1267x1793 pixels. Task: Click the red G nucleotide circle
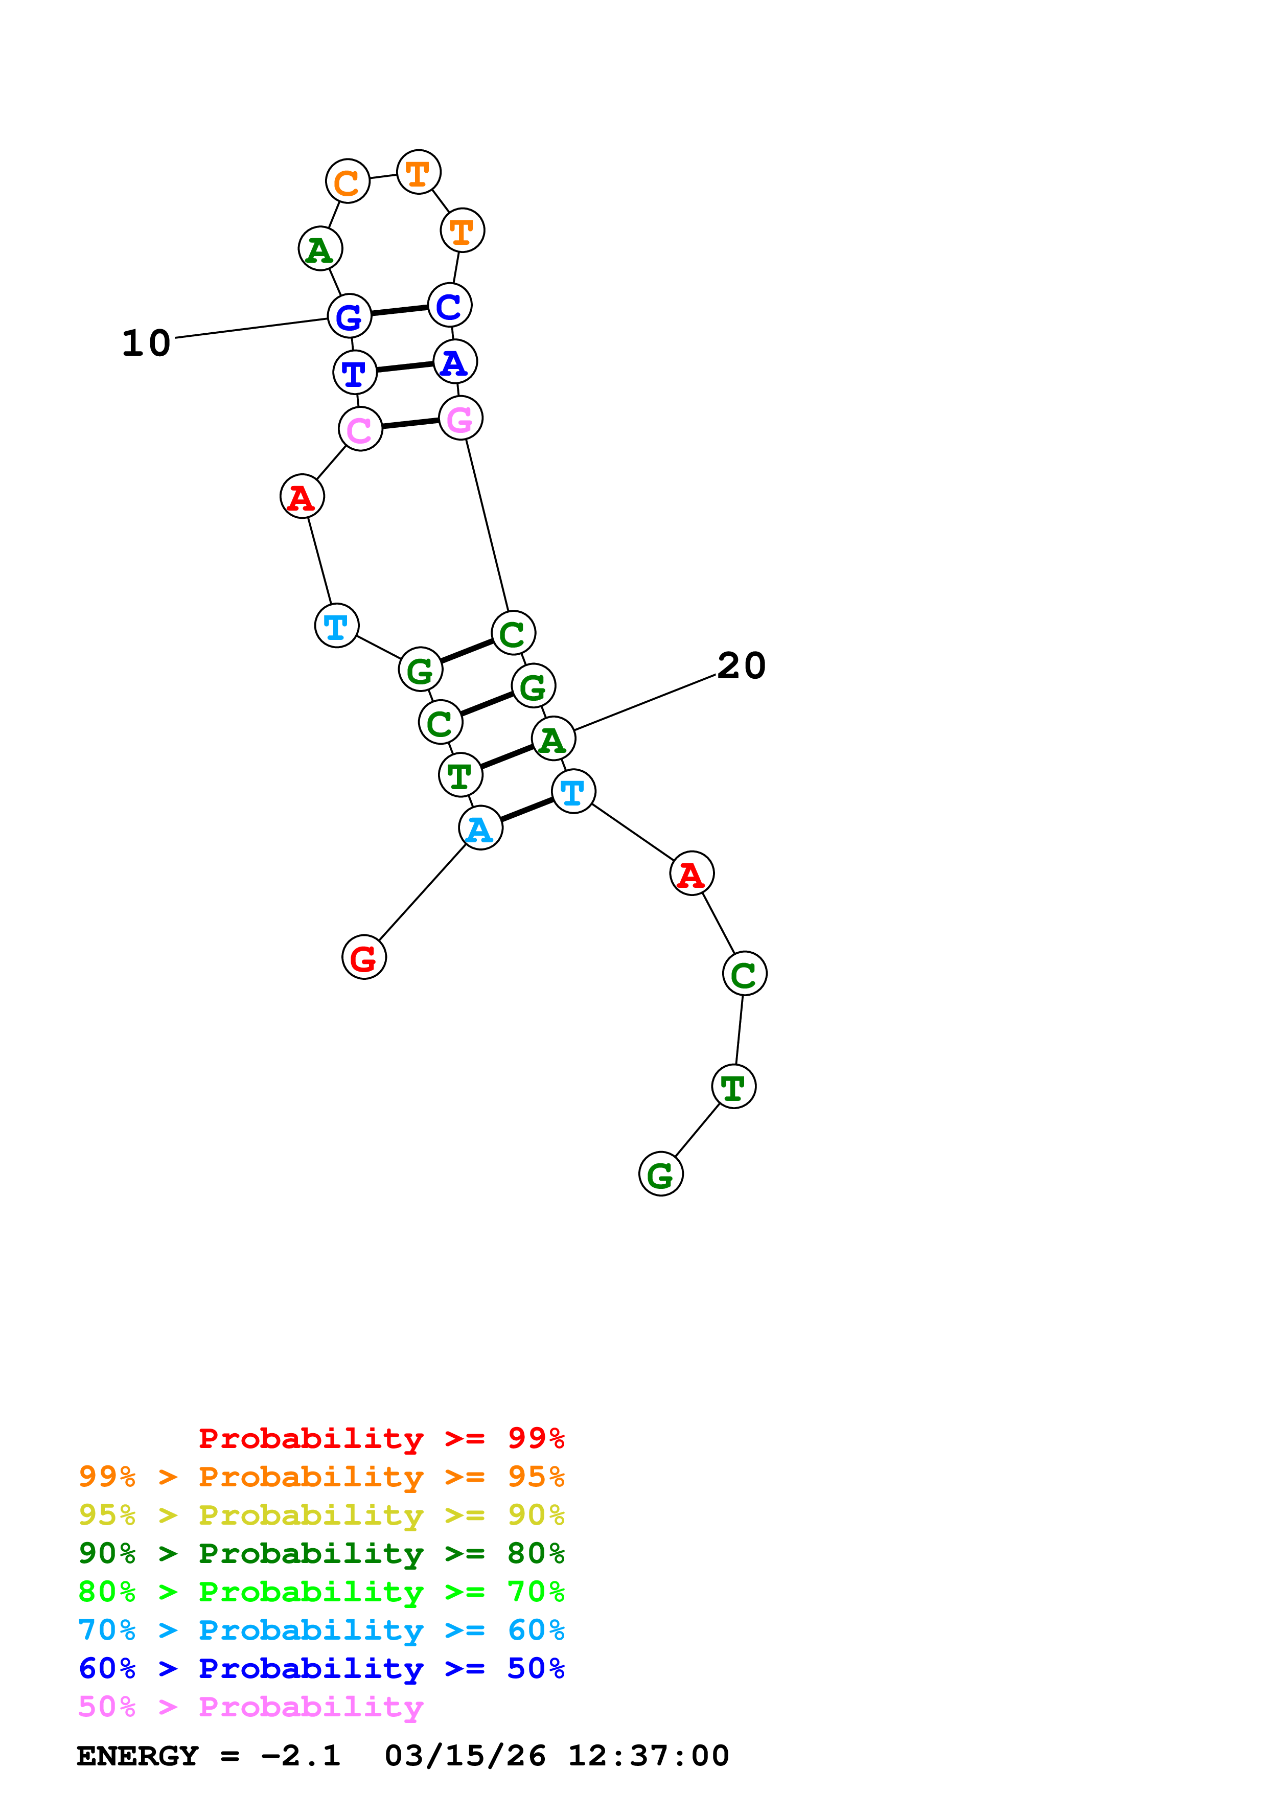coord(364,957)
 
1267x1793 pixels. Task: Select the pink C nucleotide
coord(360,429)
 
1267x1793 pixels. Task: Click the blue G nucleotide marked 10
coord(349,316)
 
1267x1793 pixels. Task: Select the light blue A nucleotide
coord(480,828)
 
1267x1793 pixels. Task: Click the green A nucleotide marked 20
coord(552,739)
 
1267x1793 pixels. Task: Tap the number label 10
coord(147,343)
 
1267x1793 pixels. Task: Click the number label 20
coord(741,666)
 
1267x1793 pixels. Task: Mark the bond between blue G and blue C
coord(399,311)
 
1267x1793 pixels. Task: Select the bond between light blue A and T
coord(527,810)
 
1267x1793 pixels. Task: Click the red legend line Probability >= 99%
coord(381,1438)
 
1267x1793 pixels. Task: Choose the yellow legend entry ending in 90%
coord(321,1515)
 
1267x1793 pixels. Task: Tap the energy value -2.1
coord(301,1756)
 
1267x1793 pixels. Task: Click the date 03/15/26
coord(465,1756)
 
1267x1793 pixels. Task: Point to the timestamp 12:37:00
coord(648,1756)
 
